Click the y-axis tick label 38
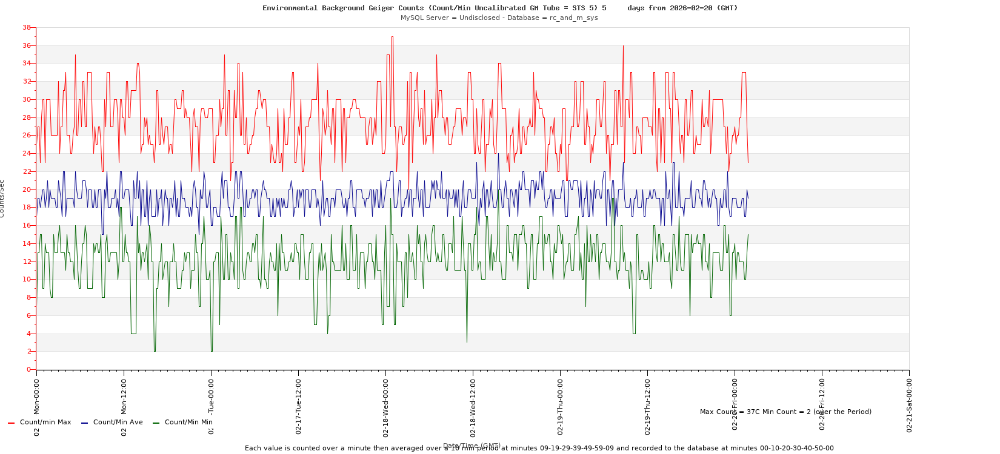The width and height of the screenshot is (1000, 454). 26,28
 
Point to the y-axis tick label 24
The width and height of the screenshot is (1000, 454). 26,153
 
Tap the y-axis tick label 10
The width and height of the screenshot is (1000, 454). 26,279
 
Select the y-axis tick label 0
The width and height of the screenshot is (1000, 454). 28,369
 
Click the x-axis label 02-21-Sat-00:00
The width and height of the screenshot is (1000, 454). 909,404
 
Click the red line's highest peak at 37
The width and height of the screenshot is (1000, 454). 392,37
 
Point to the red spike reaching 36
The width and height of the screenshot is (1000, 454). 623,46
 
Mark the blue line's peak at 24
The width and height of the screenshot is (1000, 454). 498,154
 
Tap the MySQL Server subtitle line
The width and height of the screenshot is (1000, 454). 499,18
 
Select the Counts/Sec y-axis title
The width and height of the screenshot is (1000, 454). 2,199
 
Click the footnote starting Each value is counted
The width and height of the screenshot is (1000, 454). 539,449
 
